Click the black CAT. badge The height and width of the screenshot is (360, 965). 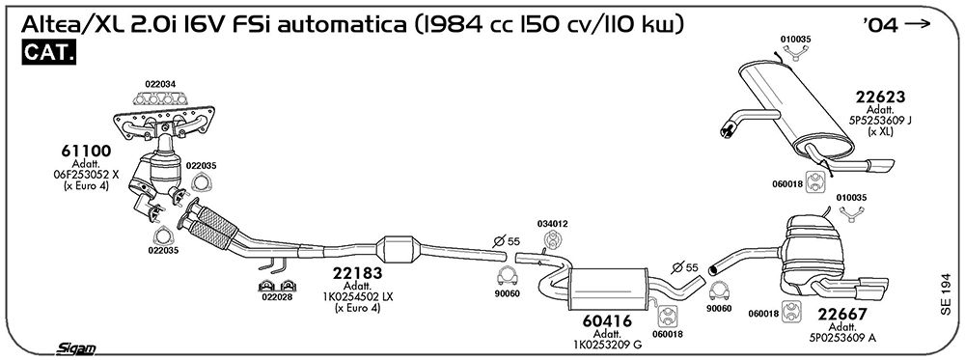click(x=49, y=52)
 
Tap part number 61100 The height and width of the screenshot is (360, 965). click(x=86, y=151)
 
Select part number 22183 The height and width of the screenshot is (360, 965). click(x=358, y=273)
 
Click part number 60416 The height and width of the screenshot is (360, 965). click(x=607, y=321)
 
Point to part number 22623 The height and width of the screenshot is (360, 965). click(x=880, y=97)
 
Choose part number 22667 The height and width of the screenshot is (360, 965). click(x=842, y=315)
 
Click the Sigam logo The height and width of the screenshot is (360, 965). click(x=75, y=349)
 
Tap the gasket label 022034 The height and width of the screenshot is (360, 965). click(x=160, y=84)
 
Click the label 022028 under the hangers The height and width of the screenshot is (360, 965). click(x=277, y=296)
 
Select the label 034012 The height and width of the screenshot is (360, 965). click(x=552, y=223)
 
